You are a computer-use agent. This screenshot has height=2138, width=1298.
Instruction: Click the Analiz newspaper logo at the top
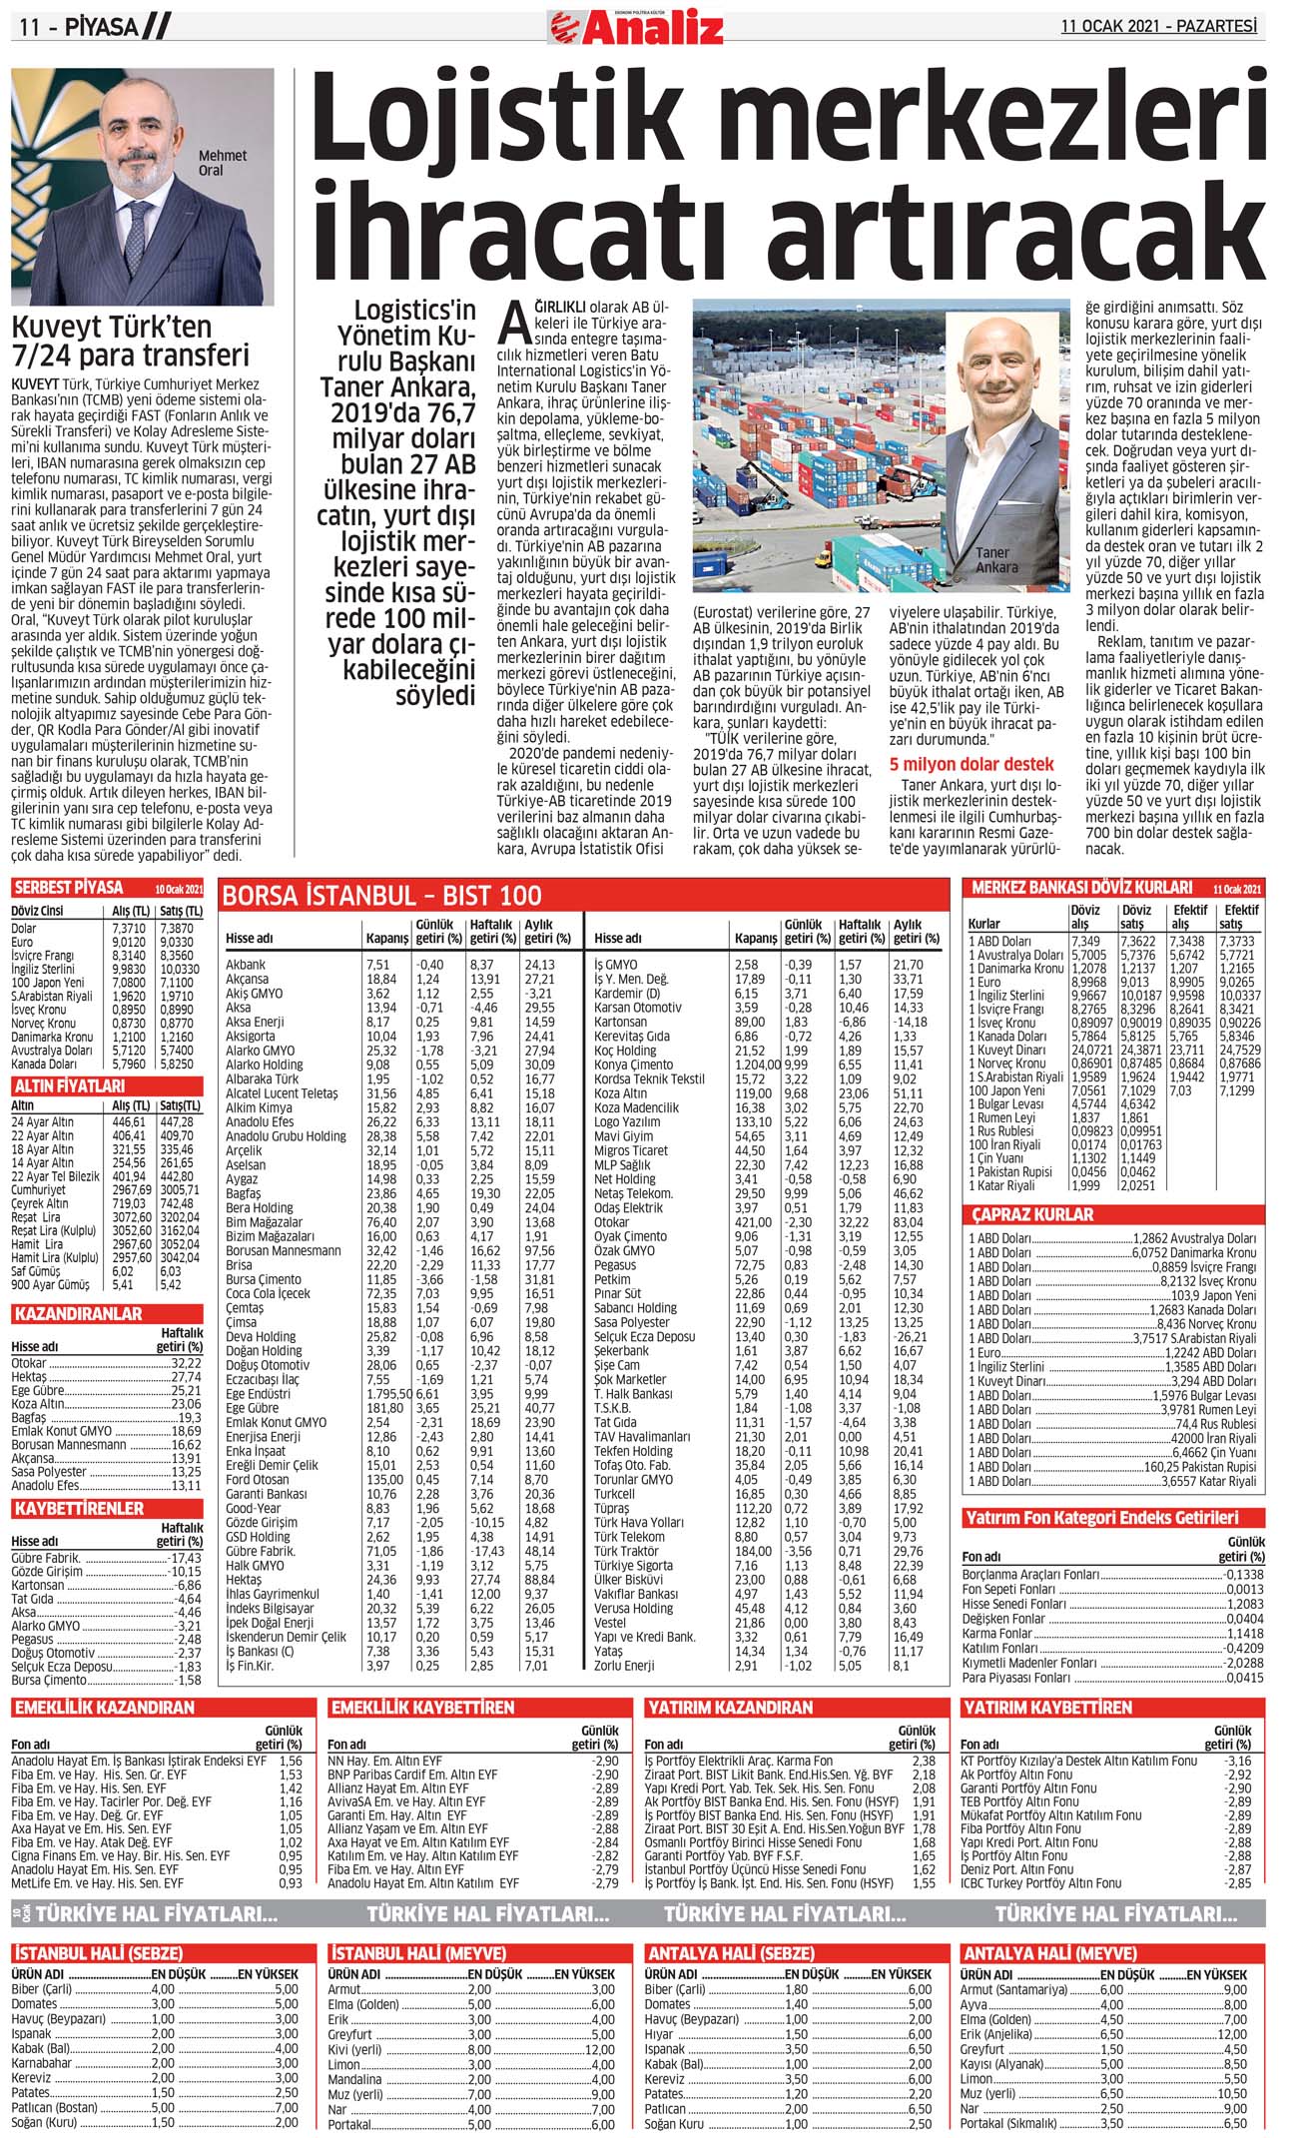[637, 27]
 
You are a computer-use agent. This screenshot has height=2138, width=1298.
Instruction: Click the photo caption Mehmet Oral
[223, 163]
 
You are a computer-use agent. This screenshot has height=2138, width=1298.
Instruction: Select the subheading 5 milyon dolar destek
[971, 765]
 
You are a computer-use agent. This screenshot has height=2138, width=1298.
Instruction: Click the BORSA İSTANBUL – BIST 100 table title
[381, 896]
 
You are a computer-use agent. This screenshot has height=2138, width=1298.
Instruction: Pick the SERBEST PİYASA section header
[68, 888]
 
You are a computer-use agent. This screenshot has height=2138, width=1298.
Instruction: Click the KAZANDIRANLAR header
[78, 1314]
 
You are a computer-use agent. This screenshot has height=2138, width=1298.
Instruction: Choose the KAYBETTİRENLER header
[79, 1508]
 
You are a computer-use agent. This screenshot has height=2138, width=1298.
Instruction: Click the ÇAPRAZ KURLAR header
[1032, 1215]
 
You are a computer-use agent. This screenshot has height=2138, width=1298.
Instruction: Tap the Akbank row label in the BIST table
[246, 965]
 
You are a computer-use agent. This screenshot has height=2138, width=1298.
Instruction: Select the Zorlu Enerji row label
[624, 1666]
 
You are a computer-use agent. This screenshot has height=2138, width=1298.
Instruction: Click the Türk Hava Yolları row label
[639, 1523]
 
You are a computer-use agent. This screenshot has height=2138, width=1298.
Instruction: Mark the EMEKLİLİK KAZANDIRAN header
[104, 1709]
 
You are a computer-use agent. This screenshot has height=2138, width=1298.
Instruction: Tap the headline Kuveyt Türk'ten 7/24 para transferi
[130, 342]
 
